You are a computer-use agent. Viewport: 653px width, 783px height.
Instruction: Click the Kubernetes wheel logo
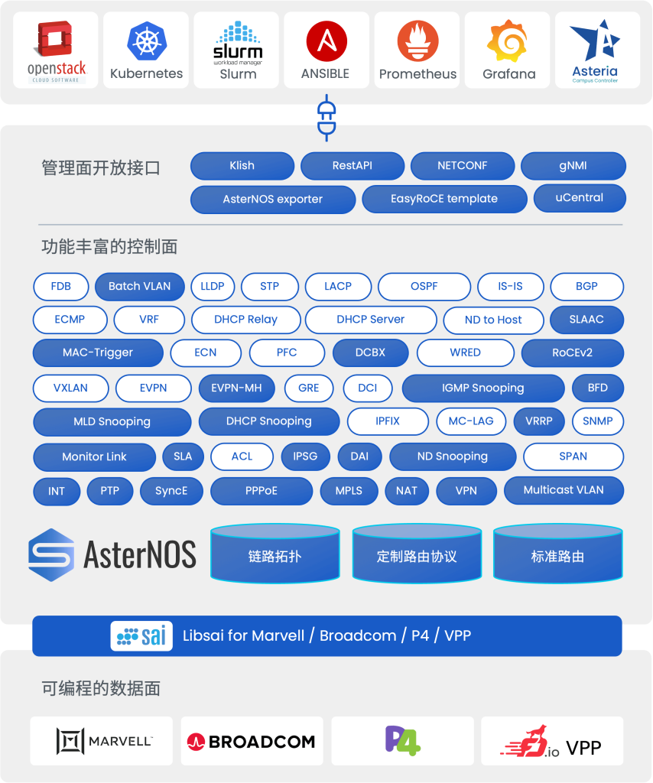147,41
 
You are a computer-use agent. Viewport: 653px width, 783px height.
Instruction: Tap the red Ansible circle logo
326,41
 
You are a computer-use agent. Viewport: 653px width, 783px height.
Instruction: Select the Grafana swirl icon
507,41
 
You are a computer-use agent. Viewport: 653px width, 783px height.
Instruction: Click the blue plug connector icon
326,118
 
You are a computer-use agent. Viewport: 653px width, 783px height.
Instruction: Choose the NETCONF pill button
463,166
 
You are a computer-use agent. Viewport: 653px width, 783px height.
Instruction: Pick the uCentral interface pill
580,198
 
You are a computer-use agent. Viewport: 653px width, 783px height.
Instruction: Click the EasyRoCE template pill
444,199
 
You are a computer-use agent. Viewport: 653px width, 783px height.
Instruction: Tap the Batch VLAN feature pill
140,287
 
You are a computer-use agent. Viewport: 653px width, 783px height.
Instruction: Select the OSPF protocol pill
424,287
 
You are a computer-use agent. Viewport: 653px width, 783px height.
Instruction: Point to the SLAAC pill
586,320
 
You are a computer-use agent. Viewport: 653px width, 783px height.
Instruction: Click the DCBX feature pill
370,353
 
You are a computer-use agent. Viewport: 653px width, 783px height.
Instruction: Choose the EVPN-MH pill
236,388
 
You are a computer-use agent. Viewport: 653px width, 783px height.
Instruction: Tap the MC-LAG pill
471,421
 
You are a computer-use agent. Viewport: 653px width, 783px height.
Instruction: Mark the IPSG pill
305,457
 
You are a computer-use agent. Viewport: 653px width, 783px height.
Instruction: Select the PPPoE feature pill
262,492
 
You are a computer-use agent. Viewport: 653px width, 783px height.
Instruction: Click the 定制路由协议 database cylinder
417,554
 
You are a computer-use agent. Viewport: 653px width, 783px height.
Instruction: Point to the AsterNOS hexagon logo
51,555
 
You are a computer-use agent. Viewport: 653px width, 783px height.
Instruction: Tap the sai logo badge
141,636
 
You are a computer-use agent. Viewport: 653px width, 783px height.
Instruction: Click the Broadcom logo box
252,741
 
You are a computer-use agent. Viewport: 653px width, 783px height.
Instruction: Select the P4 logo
402,741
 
